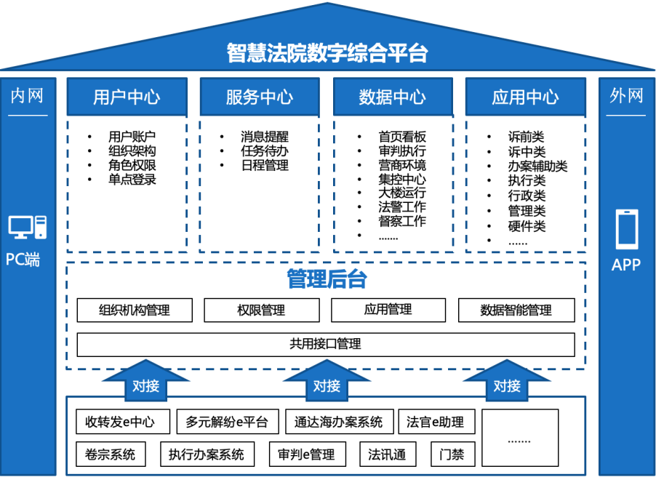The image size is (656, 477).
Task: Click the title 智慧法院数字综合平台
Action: [327, 53]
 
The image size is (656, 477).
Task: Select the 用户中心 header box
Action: [127, 97]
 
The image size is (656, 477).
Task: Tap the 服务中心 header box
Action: [260, 97]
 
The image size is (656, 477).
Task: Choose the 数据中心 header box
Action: [393, 97]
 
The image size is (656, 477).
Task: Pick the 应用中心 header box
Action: [525, 97]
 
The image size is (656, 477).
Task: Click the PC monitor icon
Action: [27, 227]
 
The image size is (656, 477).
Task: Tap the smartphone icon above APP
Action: [626, 229]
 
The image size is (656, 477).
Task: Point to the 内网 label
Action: [27, 96]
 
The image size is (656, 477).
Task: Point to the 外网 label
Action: [626, 96]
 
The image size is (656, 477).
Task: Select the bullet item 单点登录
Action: [132, 180]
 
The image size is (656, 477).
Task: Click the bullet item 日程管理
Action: [265, 165]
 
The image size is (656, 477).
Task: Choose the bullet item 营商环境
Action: [402, 165]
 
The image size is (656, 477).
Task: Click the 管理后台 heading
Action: [327, 279]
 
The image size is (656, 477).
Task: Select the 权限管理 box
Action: [261, 310]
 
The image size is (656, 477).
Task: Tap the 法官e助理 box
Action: [435, 422]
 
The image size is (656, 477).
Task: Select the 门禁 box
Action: [452, 455]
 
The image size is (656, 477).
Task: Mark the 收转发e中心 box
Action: [122, 422]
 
